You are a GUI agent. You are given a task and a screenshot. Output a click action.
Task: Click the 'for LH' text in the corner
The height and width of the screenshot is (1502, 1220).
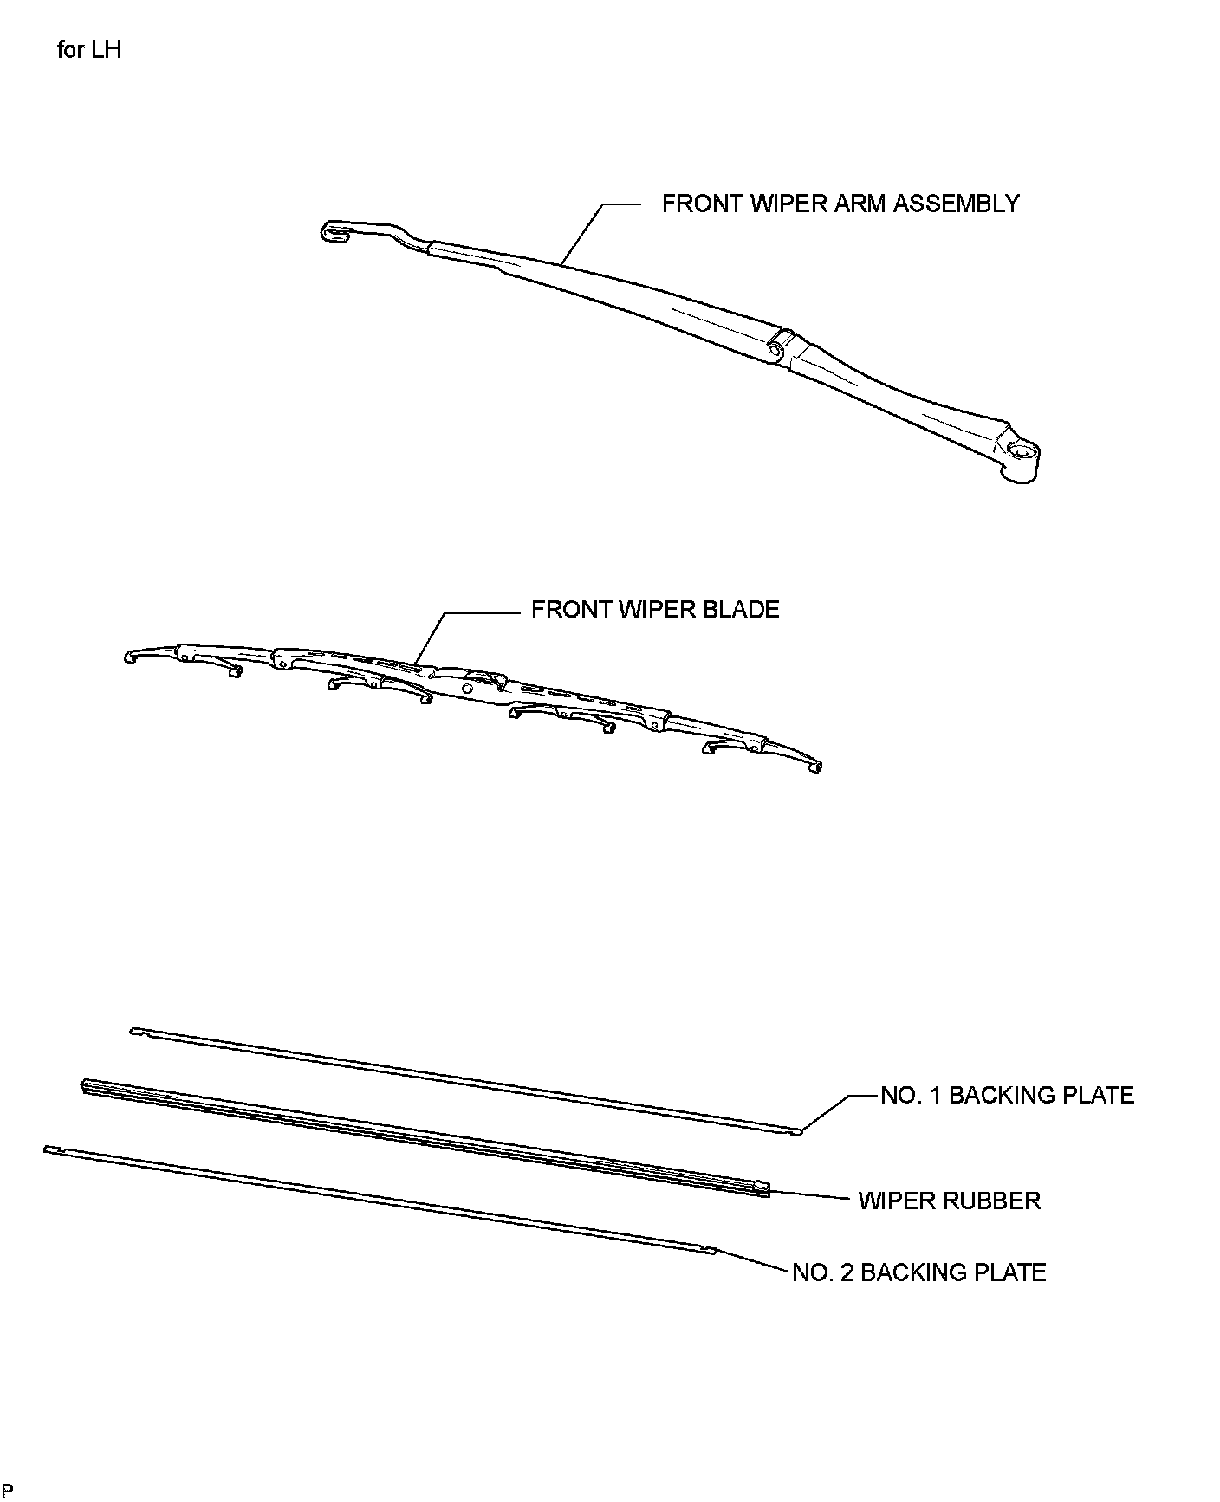click(88, 50)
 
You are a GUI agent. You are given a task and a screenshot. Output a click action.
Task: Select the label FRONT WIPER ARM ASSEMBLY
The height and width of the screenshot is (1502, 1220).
click(840, 204)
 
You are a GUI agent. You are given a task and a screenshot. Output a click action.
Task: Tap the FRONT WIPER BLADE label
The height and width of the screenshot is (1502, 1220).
click(654, 610)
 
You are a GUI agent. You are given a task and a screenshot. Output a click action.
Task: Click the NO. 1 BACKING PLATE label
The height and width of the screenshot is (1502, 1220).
click(1006, 1096)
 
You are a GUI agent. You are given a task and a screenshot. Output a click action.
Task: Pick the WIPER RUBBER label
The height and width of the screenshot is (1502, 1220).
click(949, 1201)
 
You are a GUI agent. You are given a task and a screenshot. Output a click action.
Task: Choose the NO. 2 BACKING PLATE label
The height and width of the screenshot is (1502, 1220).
click(918, 1272)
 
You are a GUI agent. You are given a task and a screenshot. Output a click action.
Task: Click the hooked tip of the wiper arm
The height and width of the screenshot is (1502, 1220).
click(332, 232)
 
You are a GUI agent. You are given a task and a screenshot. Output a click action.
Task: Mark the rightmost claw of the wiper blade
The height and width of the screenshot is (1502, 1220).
click(814, 765)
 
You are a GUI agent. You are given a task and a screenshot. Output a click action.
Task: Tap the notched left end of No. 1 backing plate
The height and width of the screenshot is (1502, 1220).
click(136, 1031)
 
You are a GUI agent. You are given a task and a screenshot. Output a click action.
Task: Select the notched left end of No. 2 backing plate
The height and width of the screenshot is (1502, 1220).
click(49, 1149)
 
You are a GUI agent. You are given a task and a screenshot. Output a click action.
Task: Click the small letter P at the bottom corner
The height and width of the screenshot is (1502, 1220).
click(9, 1490)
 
